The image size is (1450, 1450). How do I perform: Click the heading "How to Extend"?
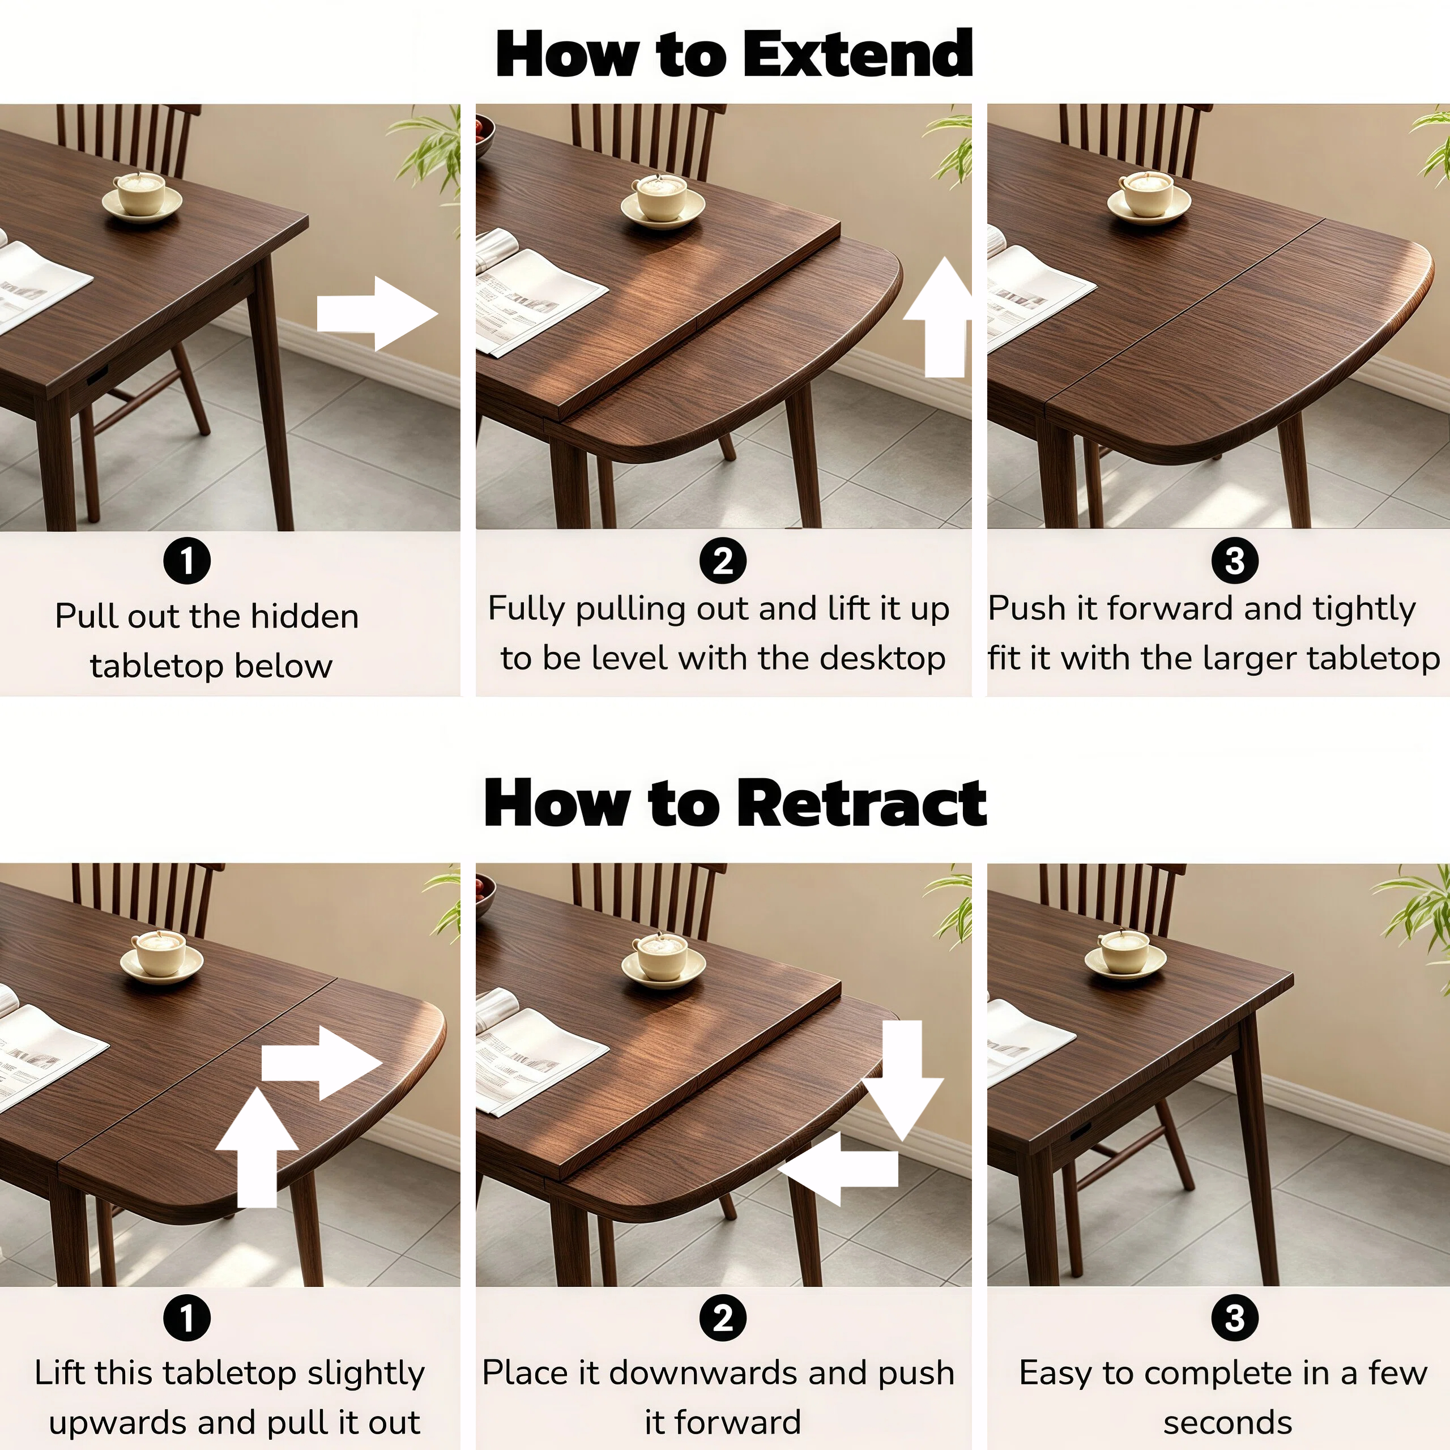[734, 53]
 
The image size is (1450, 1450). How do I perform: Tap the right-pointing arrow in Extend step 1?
[378, 314]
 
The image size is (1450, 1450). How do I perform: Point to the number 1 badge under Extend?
[187, 561]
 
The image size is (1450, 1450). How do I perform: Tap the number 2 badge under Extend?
[723, 561]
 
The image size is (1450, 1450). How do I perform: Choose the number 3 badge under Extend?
[1235, 561]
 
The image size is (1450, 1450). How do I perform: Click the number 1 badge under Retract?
[187, 1317]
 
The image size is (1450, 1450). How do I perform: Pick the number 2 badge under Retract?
[723, 1317]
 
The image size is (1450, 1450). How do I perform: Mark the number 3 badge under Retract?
[1235, 1317]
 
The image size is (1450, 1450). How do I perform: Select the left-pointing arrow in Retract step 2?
[838, 1169]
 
